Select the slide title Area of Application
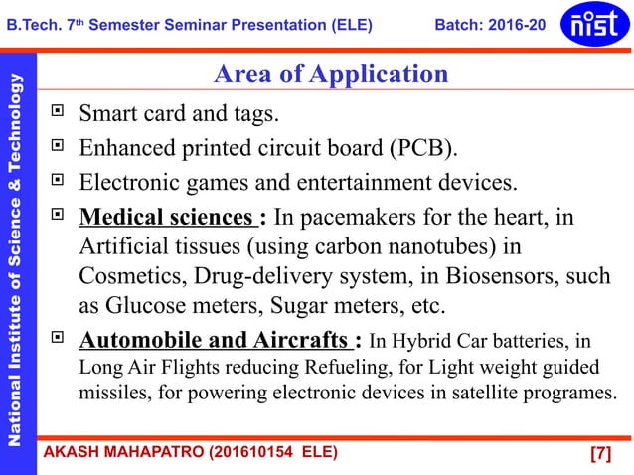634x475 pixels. pos(331,74)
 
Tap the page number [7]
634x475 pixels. pos(599,454)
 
